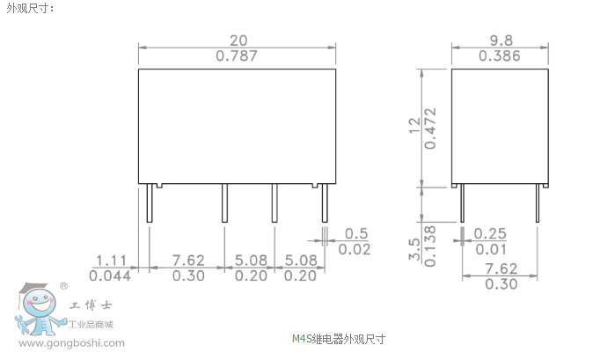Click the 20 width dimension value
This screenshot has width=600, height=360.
238,40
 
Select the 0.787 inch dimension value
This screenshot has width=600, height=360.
238,55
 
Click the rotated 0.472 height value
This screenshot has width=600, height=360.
430,128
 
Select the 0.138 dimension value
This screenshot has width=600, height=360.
430,246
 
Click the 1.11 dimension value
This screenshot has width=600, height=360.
112,260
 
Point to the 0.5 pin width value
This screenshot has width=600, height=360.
356,233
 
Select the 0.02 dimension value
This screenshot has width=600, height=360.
355,249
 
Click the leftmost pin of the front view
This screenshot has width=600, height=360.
149,204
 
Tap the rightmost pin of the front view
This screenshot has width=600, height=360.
324,204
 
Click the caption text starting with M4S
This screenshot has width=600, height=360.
338,338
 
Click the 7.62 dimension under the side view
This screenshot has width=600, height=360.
501,268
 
